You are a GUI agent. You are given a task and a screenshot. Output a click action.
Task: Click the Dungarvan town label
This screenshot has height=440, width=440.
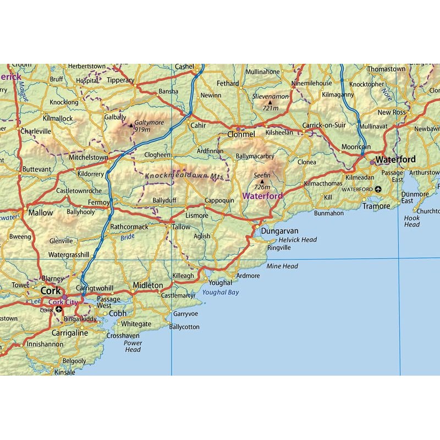pos(279,231)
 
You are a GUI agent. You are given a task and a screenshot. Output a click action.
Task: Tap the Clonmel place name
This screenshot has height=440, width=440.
pos(242,134)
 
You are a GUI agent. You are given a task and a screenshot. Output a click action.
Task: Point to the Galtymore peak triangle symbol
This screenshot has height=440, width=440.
pos(131,124)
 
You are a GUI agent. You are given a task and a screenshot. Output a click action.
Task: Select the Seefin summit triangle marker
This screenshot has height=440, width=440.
pos(262,181)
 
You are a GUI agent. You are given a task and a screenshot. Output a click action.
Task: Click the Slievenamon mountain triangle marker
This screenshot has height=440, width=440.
pos(270,102)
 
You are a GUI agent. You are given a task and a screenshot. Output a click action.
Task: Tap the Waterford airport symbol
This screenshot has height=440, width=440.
pos(378,189)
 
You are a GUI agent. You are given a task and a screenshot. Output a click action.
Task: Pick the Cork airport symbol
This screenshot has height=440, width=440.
pos(59,310)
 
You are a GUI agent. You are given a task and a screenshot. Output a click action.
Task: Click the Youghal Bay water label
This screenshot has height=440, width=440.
pos(220,293)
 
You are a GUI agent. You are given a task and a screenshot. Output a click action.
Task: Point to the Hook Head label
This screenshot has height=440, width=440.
pos(412,221)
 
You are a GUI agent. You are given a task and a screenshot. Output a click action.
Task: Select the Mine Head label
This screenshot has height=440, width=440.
pos(282,266)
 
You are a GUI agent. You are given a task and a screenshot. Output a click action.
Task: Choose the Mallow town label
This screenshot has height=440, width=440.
pos(41,213)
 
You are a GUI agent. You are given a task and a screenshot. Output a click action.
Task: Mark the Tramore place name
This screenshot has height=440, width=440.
pos(376,206)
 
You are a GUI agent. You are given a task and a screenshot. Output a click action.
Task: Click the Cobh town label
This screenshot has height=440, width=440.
pos(118,313)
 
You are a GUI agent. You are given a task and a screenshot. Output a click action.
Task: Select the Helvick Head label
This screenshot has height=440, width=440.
pos(298,240)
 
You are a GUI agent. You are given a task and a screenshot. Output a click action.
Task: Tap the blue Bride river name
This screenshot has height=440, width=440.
pos(127,237)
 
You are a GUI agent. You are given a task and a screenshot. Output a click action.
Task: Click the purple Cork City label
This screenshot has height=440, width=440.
pos(64,302)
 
